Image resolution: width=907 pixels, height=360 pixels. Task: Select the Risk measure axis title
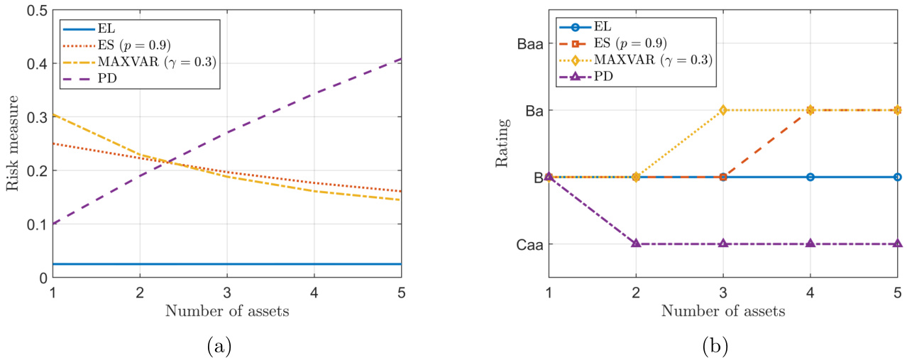[12, 144]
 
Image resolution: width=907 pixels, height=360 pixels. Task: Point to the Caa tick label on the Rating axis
[529, 244]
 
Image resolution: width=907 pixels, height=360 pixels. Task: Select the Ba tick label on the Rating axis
[533, 111]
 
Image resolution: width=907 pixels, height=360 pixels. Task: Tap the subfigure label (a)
[219, 347]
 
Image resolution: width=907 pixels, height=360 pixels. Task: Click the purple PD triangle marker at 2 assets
[636, 244]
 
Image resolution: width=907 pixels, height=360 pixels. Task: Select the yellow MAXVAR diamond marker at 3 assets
[723, 110]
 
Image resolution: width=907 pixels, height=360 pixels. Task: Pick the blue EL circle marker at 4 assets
[810, 177]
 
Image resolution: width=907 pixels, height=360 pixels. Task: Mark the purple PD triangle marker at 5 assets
[898, 244]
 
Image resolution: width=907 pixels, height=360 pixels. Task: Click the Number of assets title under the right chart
[722, 311]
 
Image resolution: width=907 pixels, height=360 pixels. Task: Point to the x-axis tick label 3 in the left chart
[226, 292]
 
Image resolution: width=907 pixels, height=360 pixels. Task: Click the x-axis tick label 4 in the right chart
[810, 292]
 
